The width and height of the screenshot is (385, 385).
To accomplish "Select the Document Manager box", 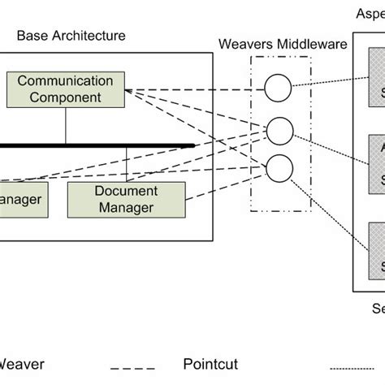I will (x=126, y=200).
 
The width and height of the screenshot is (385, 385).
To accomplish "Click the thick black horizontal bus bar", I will (x=97, y=146).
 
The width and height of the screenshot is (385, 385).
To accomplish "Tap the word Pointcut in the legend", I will (x=213, y=366).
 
